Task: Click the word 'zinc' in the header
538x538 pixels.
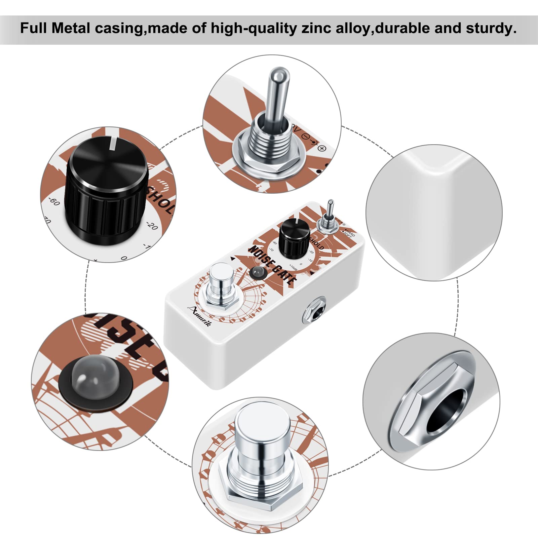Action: click(x=316, y=28)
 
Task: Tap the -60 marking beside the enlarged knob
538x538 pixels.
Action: click(x=54, y=202)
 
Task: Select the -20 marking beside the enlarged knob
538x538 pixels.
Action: click(x=152, y=226)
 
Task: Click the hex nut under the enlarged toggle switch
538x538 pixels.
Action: click(x=269, y=158)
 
